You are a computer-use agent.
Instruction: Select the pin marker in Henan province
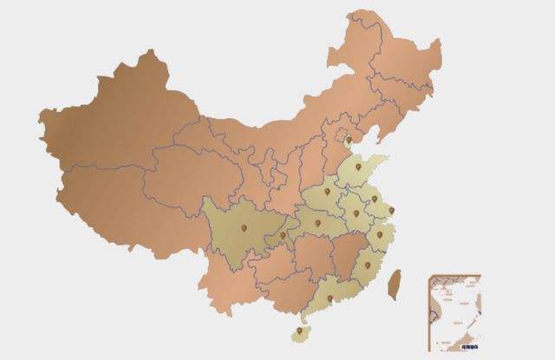tap(327, 192)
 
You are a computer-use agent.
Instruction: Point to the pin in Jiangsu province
tap(375, 199)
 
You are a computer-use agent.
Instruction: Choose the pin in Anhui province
tap(356, 213)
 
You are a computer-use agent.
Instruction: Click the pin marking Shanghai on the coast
tap(391, 211)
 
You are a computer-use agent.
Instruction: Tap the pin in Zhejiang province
tap(379, 234)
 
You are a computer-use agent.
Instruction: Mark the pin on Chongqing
tap(283, 235)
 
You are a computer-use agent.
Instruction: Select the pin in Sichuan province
tap(244, 228)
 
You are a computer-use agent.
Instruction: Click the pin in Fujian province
tap(367, 265)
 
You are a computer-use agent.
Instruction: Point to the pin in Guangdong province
tap(330, 298)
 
